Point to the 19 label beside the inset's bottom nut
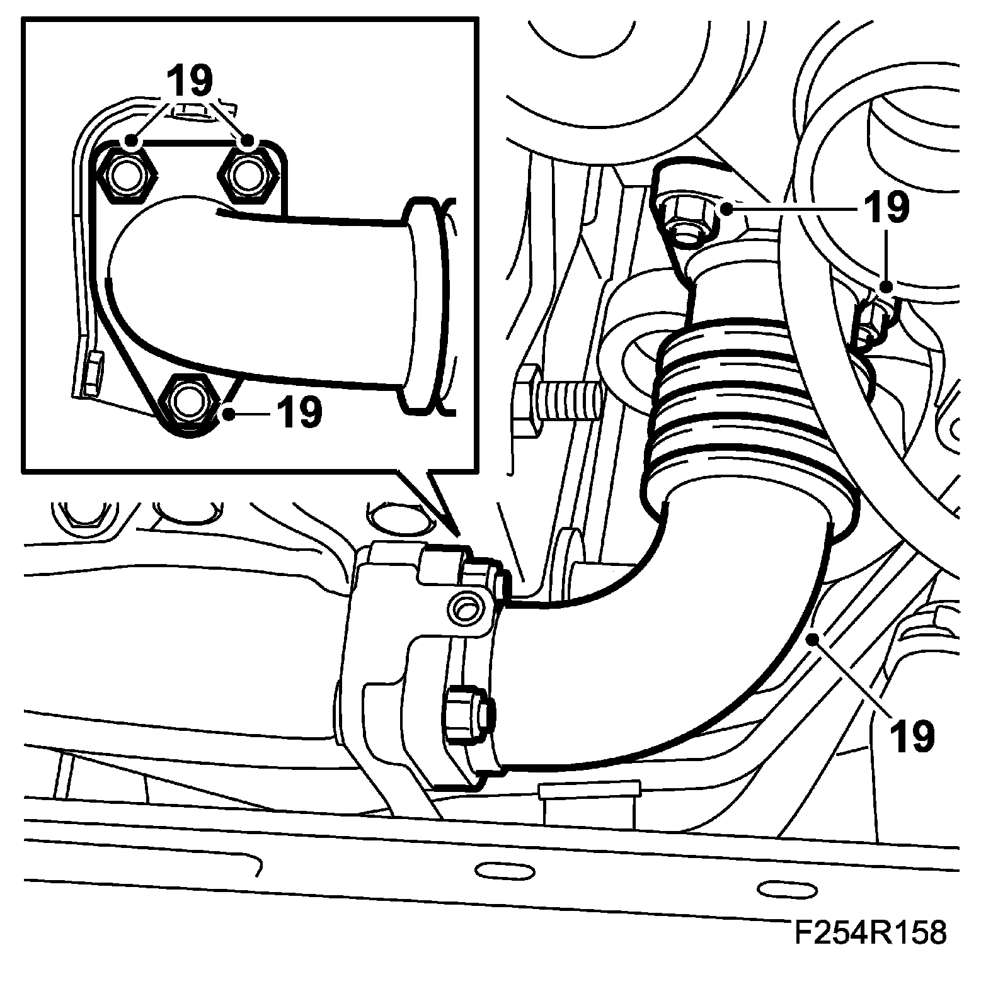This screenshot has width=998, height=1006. pos(299,413)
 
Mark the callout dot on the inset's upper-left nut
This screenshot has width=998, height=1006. pos(132,141)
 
